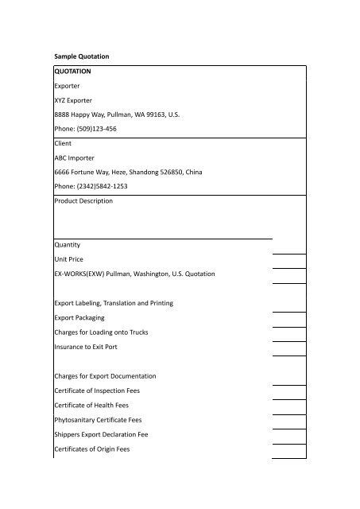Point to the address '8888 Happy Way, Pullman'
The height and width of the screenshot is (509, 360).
click(117, 114)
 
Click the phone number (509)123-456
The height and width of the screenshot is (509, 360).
click(89, 128)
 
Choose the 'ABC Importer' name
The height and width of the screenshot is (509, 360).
click(79, 157)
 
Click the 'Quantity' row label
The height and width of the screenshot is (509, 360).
click(69, 244)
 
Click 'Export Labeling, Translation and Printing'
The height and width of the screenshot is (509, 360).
click(114, 303)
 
